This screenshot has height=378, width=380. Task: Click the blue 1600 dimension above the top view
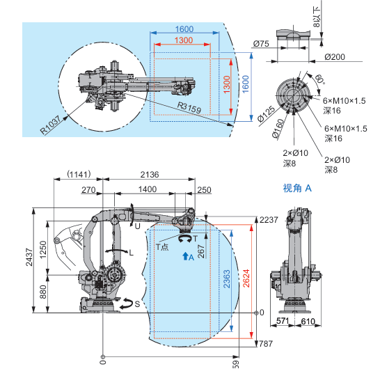[x=184, y=29]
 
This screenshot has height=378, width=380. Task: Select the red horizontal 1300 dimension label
[x=184, y=40]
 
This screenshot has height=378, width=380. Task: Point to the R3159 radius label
[x=189, y=107]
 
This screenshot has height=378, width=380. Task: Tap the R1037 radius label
[x=50, y=125]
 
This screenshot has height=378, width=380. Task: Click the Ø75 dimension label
[x=261, y=44]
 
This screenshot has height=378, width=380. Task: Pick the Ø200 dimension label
[x=335, y=57]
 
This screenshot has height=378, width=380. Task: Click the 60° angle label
[x=319, y=79]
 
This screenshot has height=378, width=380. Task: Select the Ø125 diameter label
[x=266, y=113]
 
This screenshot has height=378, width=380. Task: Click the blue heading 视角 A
[x=297, y=188]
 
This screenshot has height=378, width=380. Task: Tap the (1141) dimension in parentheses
[x=79, y=174]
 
